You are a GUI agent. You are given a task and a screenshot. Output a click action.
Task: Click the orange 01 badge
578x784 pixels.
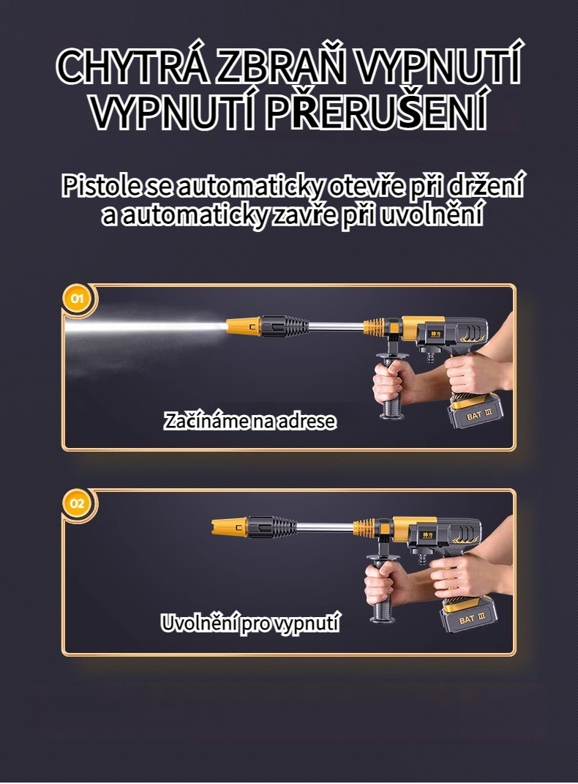pyautogui.click(x=77, y=299)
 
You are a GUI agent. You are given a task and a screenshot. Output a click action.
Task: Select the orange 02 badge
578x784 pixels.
pyautogui.click(x=77, y=504)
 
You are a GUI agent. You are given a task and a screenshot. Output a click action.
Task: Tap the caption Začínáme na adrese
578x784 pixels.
pyautogui.click(x=249, y=421)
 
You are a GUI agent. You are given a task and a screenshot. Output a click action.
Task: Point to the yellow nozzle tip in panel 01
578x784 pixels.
pyautogui.click(x=244, y=326)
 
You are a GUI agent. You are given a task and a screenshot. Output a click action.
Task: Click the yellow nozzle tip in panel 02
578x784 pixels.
pyautogui.click(x=230, y=527)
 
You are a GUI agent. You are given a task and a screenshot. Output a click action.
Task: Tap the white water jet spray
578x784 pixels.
pyautogui.click(x=145, y=327)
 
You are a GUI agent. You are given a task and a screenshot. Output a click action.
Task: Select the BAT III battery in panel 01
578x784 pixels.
pyautogui.click(x=475, y=412)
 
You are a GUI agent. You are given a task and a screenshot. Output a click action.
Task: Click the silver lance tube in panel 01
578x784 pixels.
pyautogui.click(x=336, y=326)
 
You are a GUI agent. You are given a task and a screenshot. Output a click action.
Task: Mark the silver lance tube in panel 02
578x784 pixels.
pyautogui.click(x=326, y=528)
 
